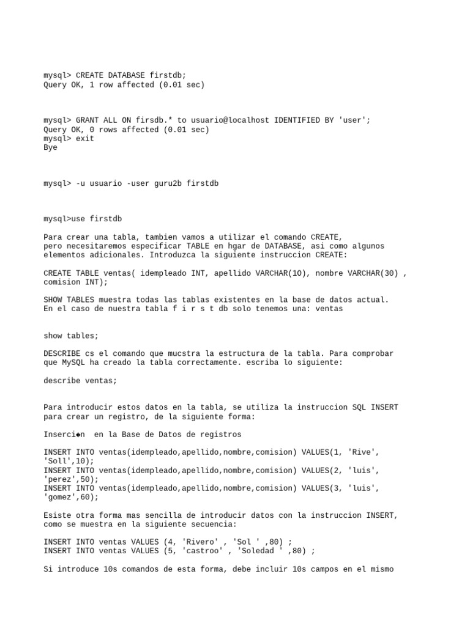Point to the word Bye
(x=50, y=148)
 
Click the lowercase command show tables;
(x=71, y=336)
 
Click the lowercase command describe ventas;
(x=80, y=380)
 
